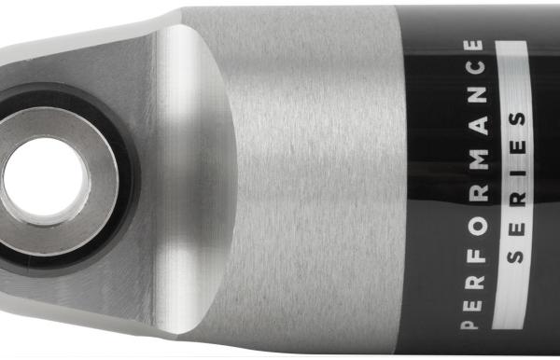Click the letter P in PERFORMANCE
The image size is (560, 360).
pos(469,324)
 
